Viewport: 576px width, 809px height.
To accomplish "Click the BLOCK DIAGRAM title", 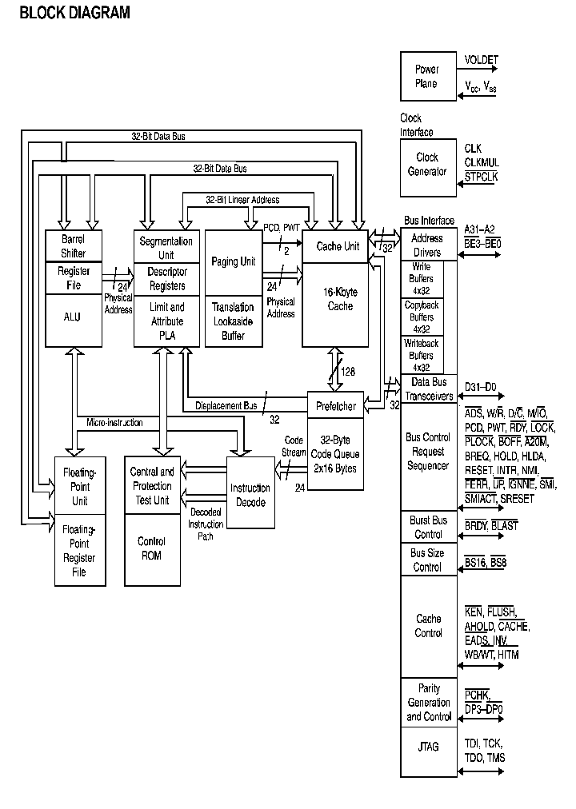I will pos(74,13).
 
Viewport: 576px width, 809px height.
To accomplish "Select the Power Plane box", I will pos(427,77).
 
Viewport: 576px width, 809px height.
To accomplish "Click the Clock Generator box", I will pos(427,165).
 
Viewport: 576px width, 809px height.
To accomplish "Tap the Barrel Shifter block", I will pos(73,246).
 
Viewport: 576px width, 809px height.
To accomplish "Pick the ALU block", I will pos(73,317).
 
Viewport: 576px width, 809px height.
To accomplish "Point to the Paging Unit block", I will pos(234,261).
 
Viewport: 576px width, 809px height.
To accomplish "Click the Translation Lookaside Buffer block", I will pos(234,321).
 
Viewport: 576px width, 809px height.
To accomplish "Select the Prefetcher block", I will pos(336,405).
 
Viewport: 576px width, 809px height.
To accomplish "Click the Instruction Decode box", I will pos(250,495).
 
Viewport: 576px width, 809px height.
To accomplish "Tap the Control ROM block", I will pos(151,548).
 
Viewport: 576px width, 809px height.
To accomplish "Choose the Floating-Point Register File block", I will pos(80,551).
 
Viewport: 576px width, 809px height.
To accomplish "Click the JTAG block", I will pos(428,747).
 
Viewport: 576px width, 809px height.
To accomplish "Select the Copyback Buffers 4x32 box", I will pos(422,317).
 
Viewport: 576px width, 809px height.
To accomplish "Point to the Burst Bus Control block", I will pos(428,527).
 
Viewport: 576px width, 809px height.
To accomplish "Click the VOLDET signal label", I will pos(481,59).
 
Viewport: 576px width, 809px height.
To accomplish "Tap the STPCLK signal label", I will pos(481,177).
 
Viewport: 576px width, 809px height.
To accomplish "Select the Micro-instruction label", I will pos(115,421).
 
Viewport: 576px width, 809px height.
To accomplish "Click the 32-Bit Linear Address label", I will pos(242,199).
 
